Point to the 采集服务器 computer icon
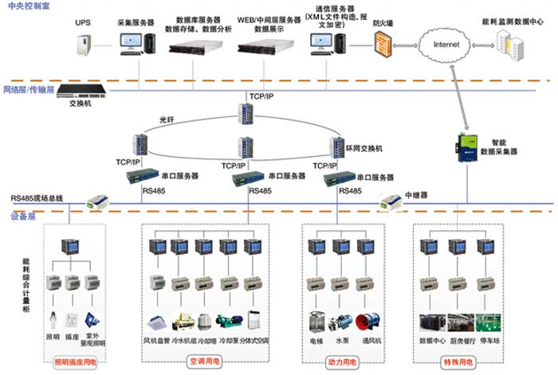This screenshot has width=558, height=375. click(x=132, y=40)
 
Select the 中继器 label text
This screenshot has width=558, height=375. click(x=417, y=193)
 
